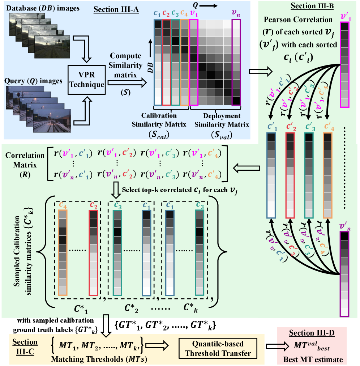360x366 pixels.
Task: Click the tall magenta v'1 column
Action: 344,65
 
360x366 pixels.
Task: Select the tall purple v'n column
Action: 344,274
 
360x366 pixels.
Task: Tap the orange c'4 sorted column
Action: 327,175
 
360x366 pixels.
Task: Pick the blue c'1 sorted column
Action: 271,175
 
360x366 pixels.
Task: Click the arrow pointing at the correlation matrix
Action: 247,167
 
